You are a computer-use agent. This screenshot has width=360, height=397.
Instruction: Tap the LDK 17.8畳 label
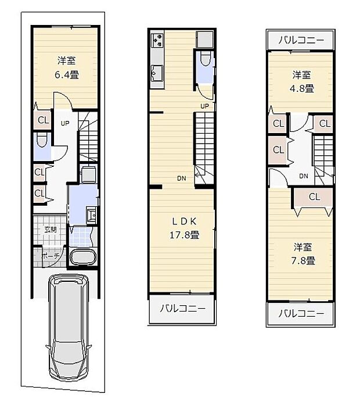[185, 228]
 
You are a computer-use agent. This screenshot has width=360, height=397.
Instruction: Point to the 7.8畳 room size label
[303, 254]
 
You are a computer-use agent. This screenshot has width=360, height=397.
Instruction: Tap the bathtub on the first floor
[82, 257]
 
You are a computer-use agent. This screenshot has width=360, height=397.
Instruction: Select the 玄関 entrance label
[51, 229]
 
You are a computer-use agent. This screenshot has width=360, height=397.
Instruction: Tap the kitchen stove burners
[157, 41]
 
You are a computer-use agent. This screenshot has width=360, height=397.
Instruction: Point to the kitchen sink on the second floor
[157, 73]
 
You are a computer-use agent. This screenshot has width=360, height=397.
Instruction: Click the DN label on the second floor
[182, 178]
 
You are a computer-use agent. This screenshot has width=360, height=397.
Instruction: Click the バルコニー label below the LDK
[182, 308]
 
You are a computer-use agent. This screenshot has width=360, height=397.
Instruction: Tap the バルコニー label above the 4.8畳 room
[301, 40]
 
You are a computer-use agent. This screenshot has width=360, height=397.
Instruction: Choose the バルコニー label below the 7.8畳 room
[301, 313]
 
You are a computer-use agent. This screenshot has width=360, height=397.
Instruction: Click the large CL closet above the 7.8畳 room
[314, 196]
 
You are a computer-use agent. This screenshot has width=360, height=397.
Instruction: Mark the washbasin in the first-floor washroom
[91, 216]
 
